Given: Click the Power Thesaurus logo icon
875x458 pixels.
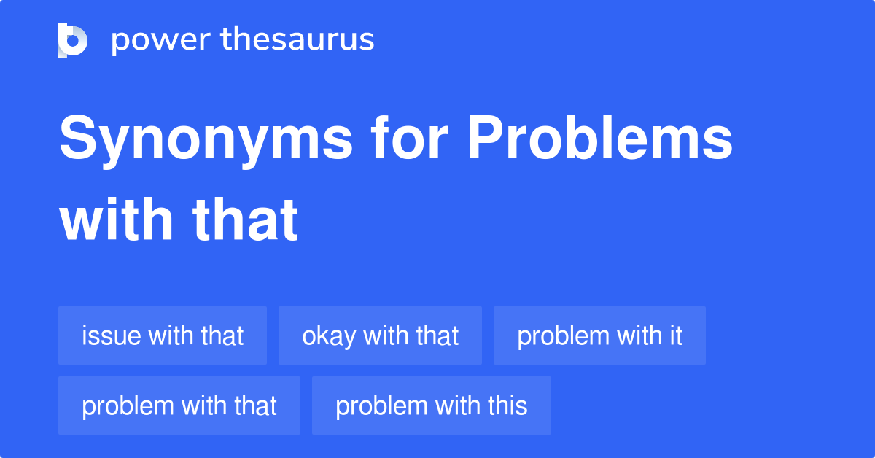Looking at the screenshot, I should point(73,40).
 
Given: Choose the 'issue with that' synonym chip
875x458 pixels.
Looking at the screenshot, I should point(163,335).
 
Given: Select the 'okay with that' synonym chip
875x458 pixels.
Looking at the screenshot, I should point(380,335).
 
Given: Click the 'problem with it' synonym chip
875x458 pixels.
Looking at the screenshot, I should point(599,335).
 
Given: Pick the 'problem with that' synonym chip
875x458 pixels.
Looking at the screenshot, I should point(179,405).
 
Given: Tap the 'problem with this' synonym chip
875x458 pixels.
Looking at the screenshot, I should point(432,405).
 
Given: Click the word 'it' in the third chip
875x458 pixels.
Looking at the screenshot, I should point(675,335).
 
